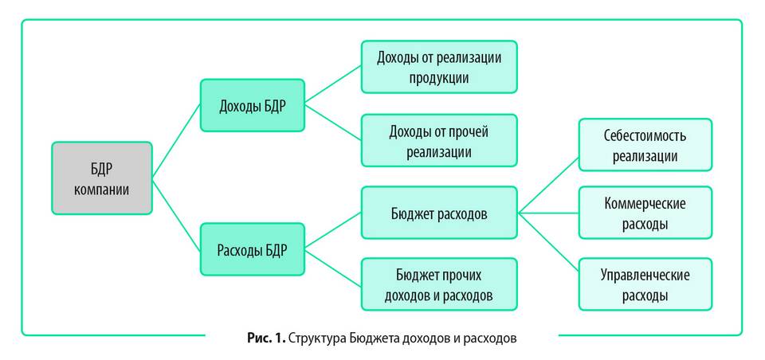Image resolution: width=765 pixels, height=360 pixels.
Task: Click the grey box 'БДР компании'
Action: (101, 178)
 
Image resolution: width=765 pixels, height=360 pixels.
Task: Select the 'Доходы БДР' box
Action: (252, 105)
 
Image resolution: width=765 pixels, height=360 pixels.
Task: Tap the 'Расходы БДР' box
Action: (252, 249)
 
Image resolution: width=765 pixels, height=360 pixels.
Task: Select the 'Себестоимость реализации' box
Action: (645, 144)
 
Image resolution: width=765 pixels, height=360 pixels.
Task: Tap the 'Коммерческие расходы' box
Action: (645, 213)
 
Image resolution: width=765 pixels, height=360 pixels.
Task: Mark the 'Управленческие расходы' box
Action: (645, 284)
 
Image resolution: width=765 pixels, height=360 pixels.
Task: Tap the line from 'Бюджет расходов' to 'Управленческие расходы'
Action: (549, 248)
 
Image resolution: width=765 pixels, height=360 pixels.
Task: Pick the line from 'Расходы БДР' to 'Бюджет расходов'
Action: (333, 231)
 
